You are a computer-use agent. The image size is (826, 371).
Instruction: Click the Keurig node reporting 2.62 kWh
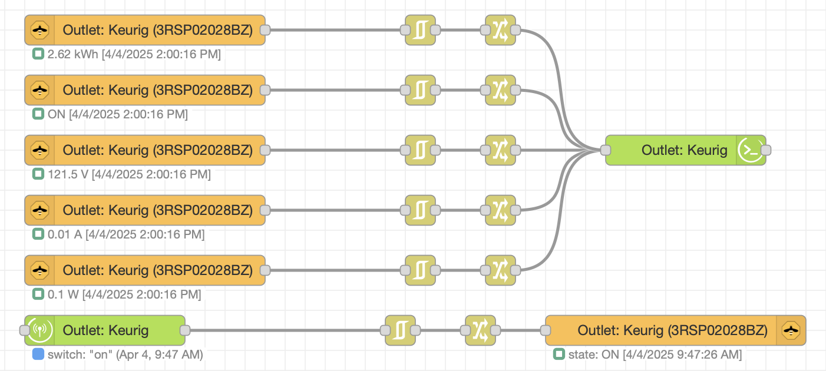pyautogui.click(x=145, y=30)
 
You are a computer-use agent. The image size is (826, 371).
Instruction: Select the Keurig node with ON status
pyautogui.click(x=145, y=90)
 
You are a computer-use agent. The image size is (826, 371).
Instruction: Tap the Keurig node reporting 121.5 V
pyautogui.click(x=145, y=150)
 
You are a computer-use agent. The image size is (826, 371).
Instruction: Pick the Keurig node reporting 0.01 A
pyautogui.click(x=145, y=210)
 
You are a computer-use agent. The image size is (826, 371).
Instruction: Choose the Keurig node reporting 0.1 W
pyautogui.click(x=145, y=270)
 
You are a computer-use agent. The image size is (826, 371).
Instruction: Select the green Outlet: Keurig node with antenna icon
pyautogui.click(x=105, y=330)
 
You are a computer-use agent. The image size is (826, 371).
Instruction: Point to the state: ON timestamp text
pyautogui.click(x=655, y=355)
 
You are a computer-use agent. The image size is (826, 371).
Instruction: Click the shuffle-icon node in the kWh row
pyautogui.click(x=500, y=30)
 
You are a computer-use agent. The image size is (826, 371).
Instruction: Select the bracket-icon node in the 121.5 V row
pyautogui.click(x=420, y=150)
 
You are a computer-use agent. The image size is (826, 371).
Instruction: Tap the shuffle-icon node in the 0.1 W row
pyautogui.click(x=500, y=270)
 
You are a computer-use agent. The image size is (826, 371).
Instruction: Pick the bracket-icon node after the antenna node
pyautogui.click(x=400, y=330)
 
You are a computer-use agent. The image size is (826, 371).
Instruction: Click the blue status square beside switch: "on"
pyautogui.click(x=38, y=355)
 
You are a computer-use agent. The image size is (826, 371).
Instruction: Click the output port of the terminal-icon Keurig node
pyautogui.click(x=765, y=150)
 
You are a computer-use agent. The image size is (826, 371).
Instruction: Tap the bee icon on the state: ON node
pyautogui.click(x=791, y=330)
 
